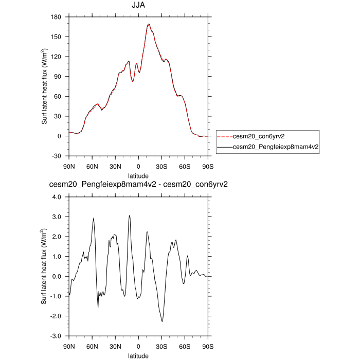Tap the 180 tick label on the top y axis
pyautogui.click(x=57, y=17)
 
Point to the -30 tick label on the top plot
pyautogui.click(x=57, y=156)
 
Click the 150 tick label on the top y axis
pyautogui.click(x=57, y=37)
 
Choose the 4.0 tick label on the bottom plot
pyautogui.click(x=57, y=197)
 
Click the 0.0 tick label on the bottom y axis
pyautogui.click(x=57, y=276)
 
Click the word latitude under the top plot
pyautogui.click(x=138, y=175)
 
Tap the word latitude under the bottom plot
pyautogui.click(x=138, y=355)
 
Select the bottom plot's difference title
pyautogui.click(x=138, y=185)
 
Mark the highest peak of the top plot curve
pyautogui.click(x=148, y=24)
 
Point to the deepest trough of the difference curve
pyautogui.click(x=162, y=321)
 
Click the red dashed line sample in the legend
pyautogui.click(x=225, y=137)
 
